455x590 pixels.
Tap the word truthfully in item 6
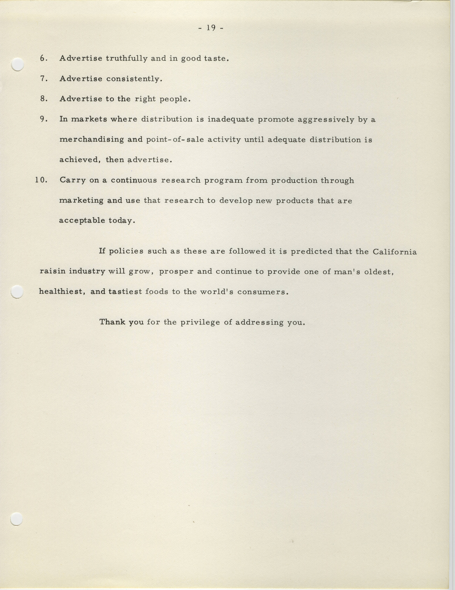(x=126, y=59)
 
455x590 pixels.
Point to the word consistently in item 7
(x=134, y=79)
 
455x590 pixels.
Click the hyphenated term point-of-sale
(x=175, y=140)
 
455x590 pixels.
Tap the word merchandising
(x=92, y=140)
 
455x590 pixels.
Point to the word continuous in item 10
(x=134, y=180)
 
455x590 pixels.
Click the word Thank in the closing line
(x=112, y=322)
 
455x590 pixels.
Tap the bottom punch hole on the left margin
(x=16, y=519)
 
